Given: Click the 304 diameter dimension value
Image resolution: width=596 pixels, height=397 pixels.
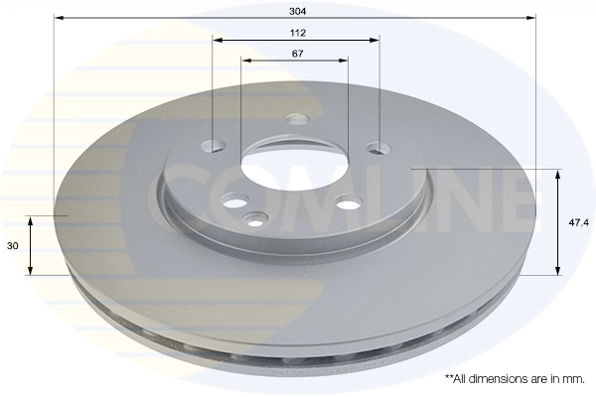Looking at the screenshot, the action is [298, 11].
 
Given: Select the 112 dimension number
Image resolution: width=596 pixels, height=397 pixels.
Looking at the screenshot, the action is [298, 33].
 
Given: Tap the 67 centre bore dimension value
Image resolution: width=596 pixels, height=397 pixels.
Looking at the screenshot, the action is [298, 54].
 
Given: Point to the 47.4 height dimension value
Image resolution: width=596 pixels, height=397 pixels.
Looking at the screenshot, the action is [578, 223].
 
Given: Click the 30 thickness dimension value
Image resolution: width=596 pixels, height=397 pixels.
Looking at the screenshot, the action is [13, 246].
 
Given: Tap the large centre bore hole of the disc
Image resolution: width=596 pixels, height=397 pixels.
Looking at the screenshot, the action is [295, 165].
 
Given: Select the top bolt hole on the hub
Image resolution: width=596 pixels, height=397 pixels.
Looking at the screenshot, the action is [299, 119].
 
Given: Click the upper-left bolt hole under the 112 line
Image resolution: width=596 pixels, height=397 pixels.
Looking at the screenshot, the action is [214, 146].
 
